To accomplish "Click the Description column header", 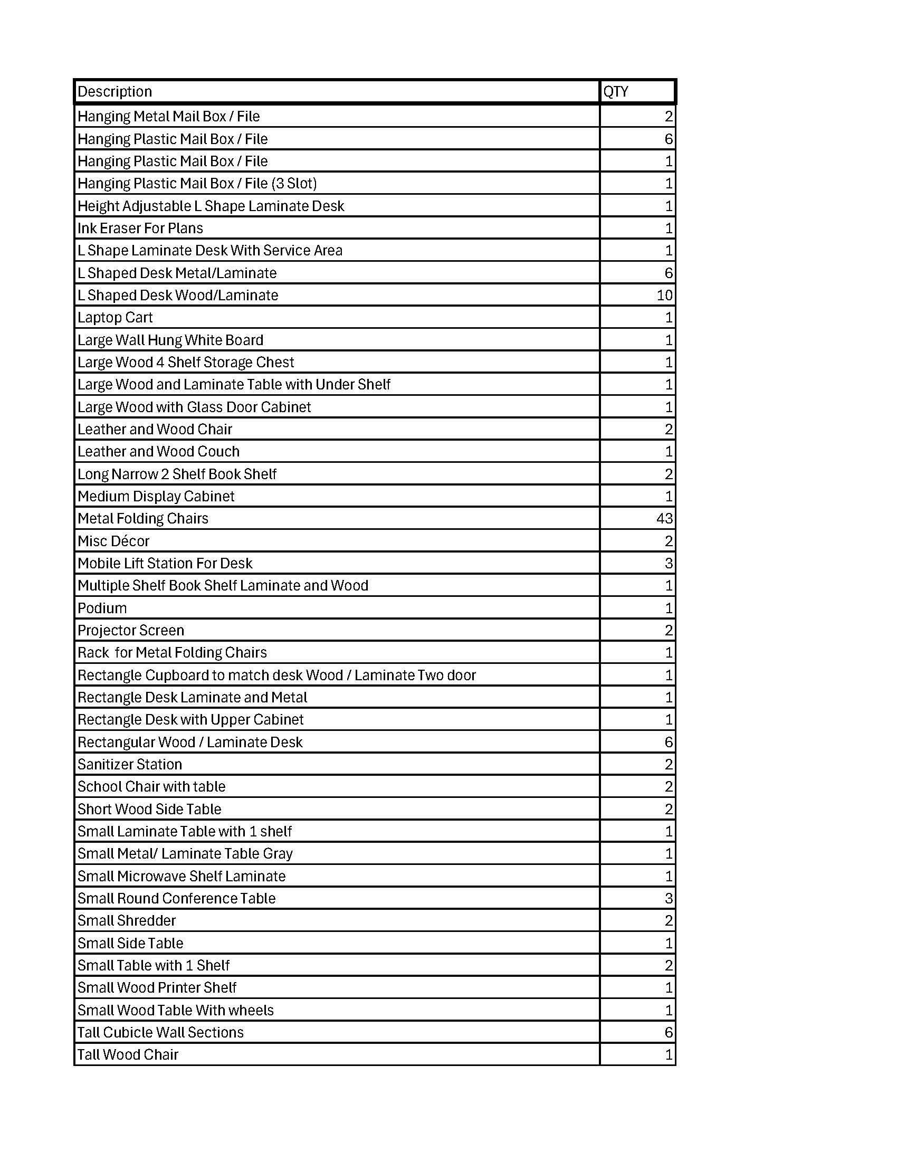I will [x=115, y=91].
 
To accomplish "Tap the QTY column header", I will [x=616, y=91].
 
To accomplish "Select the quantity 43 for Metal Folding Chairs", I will [x=664, y=518].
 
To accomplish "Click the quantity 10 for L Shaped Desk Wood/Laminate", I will [x=664, y=295].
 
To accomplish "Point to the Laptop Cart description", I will [x=115, y=317].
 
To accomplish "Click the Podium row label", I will [x=102, y=607].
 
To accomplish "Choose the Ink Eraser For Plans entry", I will [x=140, y=228].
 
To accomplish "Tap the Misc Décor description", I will [x=113, y=540].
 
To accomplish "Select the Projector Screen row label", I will [x=131, y=630].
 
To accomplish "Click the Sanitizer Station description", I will [x=130, y=764].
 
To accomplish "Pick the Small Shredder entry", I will [x=127, y=920].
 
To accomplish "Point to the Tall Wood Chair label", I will [x=128, y=1054].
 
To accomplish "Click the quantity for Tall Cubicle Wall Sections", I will [x=669, y=1032].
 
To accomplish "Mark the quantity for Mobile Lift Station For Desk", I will [x=669, y=563].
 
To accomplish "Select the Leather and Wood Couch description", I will [x=158, y=451].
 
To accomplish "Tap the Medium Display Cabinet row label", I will [x=156, y=496].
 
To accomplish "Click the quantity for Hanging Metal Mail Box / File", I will [x=669, y=117].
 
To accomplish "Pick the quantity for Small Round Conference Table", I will [x=669, y=898].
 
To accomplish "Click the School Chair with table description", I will [x=151, y=786].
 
